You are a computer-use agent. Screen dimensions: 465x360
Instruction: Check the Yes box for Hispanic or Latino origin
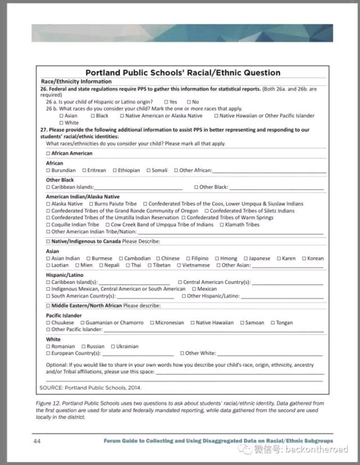coord(165,102)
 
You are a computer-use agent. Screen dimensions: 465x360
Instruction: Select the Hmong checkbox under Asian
coord(217,259)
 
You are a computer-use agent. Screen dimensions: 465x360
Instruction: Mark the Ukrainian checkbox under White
coord(113,347)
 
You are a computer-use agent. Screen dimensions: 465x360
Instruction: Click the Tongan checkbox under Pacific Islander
coord(272,323)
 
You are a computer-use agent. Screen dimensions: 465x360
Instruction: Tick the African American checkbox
coord(48,154)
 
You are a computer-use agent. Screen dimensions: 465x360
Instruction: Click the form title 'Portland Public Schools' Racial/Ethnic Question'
coord(183,73)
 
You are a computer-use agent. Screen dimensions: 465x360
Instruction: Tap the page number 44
coord(37,441)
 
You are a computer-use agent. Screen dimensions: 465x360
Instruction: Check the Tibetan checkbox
coord(148,266)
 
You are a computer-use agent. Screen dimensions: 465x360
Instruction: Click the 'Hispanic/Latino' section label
coord(64,275)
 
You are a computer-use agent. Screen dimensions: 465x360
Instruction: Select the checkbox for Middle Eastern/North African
coord(48,306)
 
